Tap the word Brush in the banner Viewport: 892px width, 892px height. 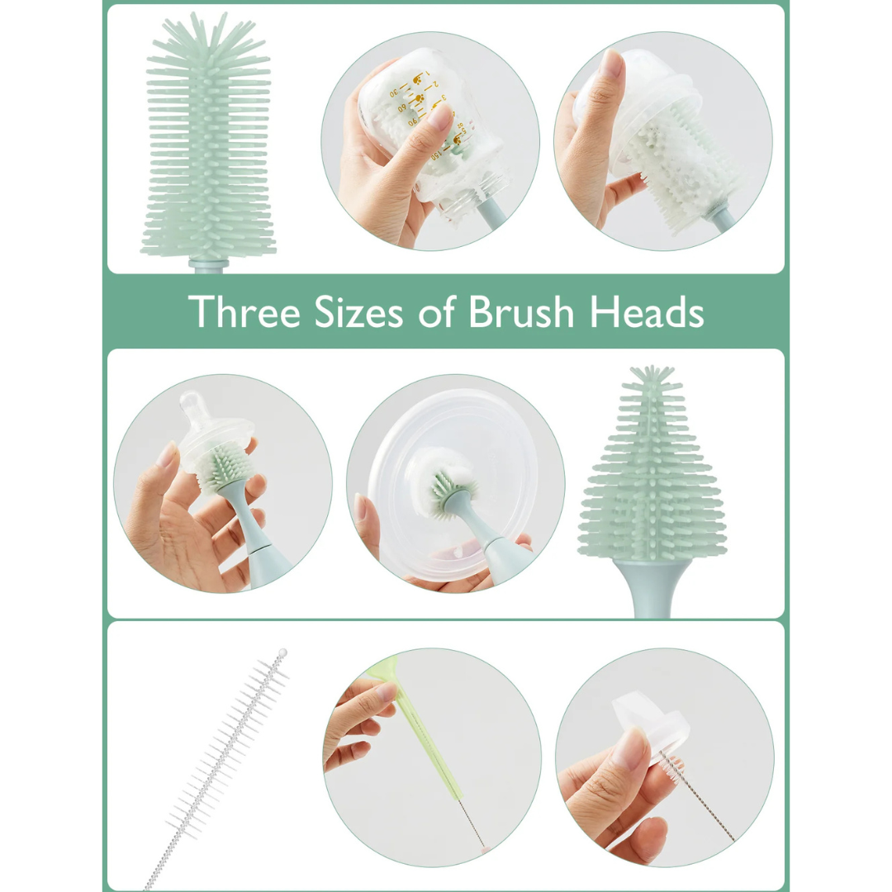[x=521, y=312]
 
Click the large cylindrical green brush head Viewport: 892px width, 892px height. [x=207, y=140]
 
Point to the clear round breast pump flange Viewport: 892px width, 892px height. [x=438, y=463]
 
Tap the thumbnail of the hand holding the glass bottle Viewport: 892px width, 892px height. [x=441, y=116]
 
